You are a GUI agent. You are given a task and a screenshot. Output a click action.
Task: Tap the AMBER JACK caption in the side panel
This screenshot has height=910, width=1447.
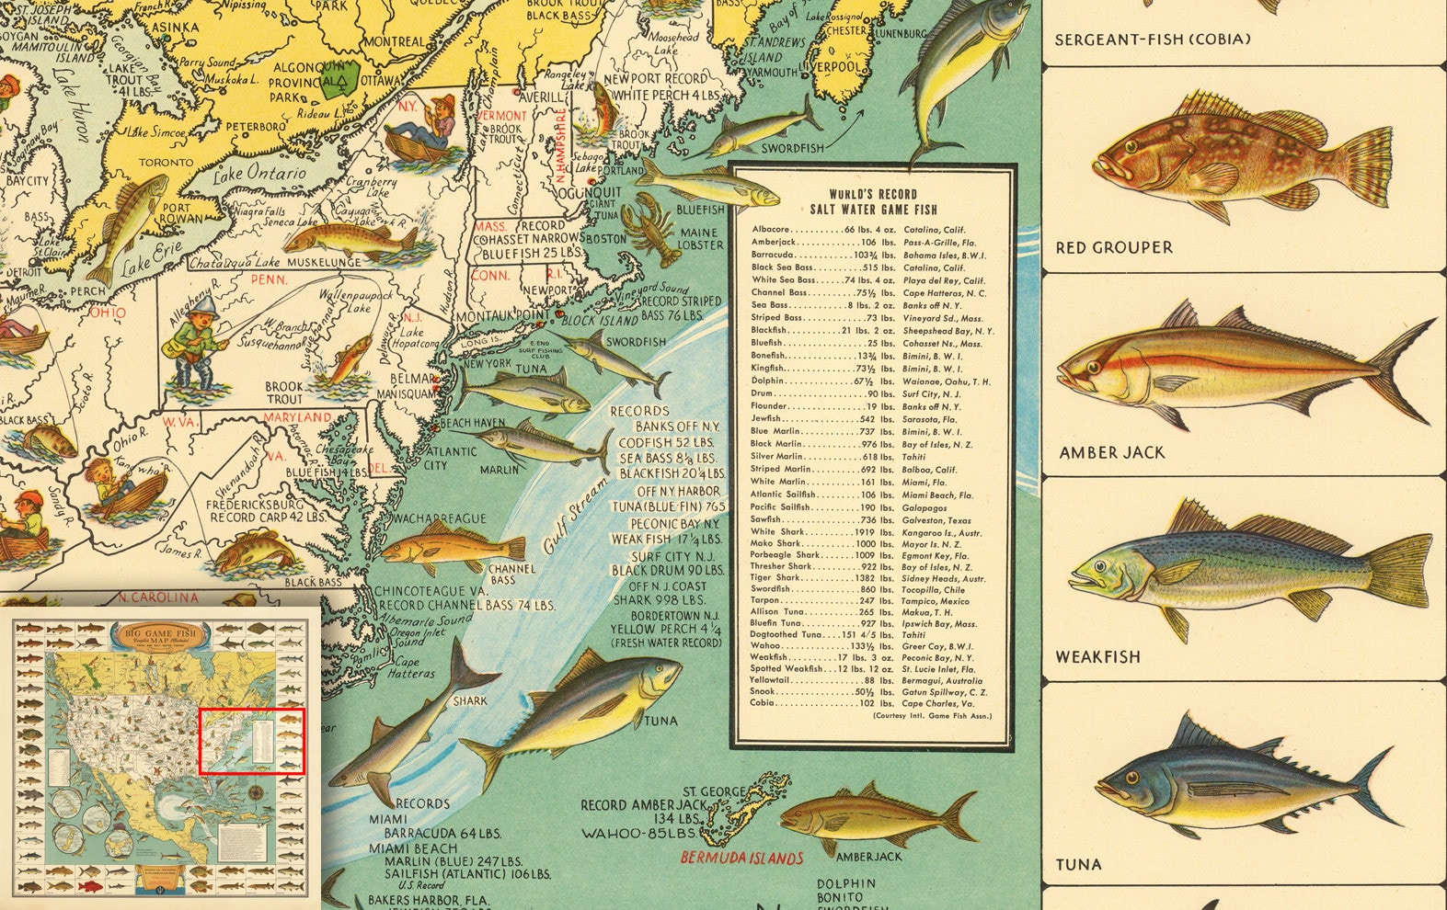[1111, 452]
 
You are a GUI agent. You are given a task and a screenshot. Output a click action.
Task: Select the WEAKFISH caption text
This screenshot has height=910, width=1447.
[1097, 657]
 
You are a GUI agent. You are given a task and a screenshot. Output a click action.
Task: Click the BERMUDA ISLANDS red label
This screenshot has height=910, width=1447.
[741, 859]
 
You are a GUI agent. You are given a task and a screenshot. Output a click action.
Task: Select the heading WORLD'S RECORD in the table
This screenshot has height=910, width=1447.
[873, 194]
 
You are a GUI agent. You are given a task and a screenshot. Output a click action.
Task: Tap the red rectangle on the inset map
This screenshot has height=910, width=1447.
[251, 741]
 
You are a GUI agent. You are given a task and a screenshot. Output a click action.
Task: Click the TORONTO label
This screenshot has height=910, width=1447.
[167, 163]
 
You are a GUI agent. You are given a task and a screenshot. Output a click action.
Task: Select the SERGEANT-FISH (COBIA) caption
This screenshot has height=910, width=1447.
[1152, 40]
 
